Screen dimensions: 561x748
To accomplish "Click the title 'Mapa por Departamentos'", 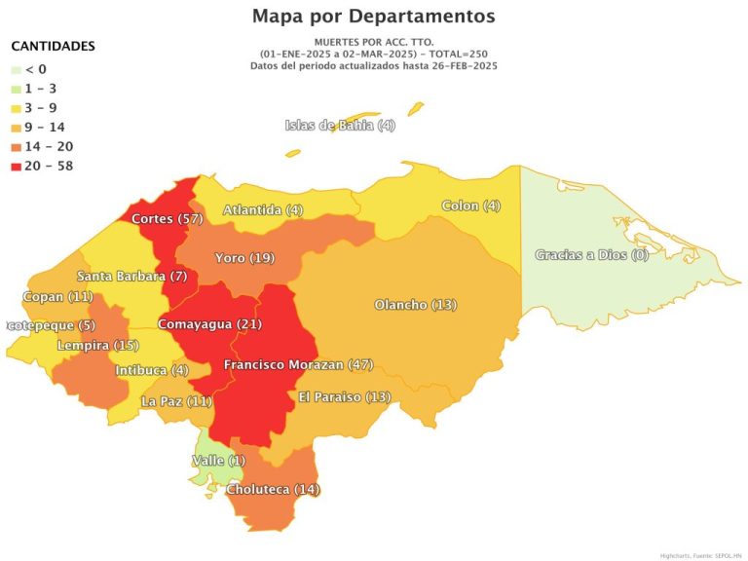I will [x=373, y=17].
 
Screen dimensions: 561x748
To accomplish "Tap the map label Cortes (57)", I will [x=167, y=219].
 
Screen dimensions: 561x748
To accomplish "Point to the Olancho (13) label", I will [x=415, y=305].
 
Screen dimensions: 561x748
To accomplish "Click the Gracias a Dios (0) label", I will [x=591, y=255].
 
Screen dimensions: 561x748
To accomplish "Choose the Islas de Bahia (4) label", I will [x=340, y=126].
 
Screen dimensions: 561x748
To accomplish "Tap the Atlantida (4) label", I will [x=263, y=210].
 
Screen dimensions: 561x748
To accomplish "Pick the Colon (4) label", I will [x=470, y=206].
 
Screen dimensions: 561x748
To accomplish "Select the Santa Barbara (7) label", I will [x=132, y=277].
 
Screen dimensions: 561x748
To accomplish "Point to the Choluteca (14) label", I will [x=273, y=489].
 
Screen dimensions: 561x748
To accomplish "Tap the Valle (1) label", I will [x=219, y=460].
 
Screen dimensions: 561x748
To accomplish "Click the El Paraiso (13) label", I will [x=345, y=397].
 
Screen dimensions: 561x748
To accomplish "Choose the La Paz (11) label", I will [x=176, y=401].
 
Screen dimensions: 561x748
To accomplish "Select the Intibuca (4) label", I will [x=152, y=371].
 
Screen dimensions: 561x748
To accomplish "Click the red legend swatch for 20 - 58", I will [x=16, y=166].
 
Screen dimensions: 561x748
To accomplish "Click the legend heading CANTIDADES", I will [x=53, y=46].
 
